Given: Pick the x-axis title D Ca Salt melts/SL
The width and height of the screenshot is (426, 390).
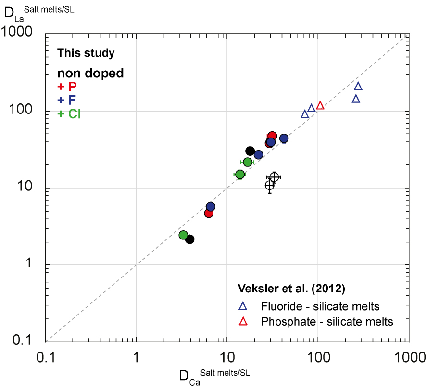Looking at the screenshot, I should (x=214, y=375).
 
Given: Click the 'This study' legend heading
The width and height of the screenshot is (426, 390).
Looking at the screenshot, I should (x=86, y=53).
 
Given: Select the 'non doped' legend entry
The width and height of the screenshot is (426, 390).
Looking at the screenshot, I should (x=91, y=73).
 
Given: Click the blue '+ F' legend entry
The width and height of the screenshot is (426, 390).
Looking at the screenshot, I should (x=67, y=100).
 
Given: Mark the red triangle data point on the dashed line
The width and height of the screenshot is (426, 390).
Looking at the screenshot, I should (x=320, y=105).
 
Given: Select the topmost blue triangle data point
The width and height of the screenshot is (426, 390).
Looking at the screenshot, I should (x=358, y=86).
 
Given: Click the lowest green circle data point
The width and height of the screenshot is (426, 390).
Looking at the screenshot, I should (x=183, y=235).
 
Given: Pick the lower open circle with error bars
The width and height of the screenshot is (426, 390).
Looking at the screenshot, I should (x=270, y=185).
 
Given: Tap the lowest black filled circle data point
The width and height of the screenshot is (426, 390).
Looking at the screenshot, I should (x=190, y=239).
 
